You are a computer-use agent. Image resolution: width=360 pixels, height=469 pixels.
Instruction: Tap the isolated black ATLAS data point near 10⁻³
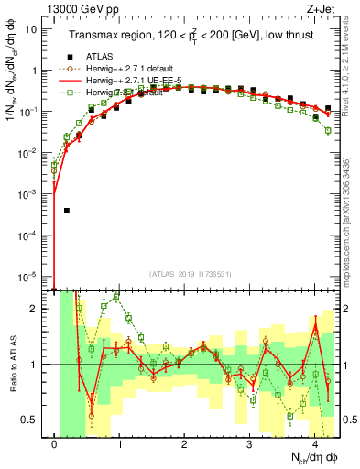pyautogui.click(x=66, y=211)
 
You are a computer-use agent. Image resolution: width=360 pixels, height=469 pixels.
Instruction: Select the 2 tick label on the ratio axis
pyautogui.click(x=35, y=309)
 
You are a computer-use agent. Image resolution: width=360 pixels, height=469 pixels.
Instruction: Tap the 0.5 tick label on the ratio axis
pyautogui.click(x=31, y=420)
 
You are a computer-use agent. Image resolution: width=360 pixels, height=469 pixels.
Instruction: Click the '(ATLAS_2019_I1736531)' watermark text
pyautogui.click(x=191, y=273)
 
